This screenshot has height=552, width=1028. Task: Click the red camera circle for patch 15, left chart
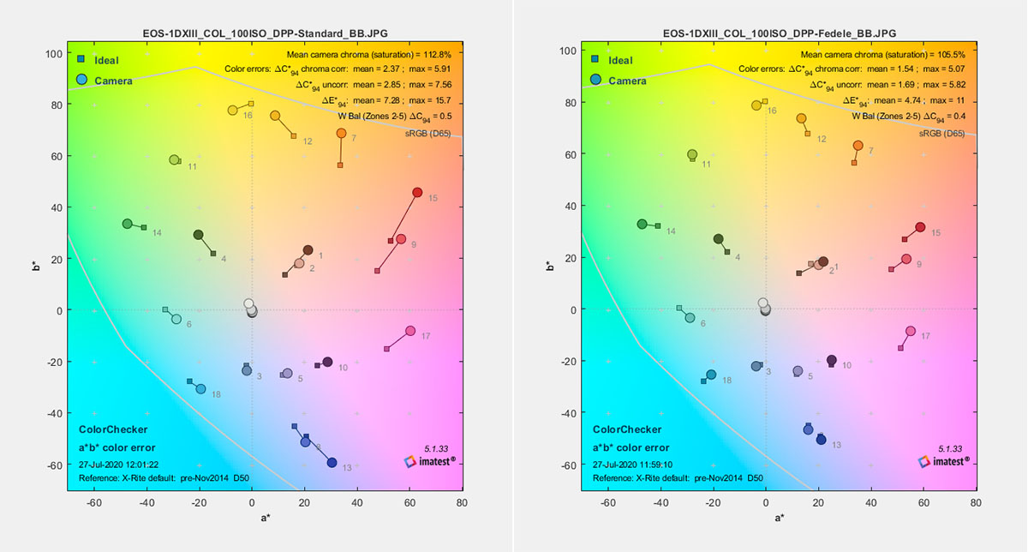pyautogui.click(x=417, y=193)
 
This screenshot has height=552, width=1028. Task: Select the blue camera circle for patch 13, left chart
pyautogui.click(x=332, y=463)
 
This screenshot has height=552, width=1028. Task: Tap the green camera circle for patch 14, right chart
pyautogui.click(x=642, y=224)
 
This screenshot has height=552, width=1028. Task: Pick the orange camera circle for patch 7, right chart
pyautogui.click(x=858, y=146)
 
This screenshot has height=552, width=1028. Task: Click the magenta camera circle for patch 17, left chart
pyautogui.click(x=410, y=331)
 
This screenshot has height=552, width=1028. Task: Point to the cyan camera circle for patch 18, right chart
pyautogui.click(x=711, y=375)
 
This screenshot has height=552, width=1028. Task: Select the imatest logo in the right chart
pyautogui.click(x=947, y=461)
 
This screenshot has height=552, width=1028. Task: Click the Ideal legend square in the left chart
pyautogui.click(x=81, y=59)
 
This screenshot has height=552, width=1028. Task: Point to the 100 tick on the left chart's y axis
pyautogui.click(x=51, y=53)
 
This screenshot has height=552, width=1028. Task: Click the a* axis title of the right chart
pyautogui.click(x=778, y=518)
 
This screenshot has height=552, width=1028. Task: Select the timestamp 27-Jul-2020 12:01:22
pyautogui.click(x=119, y=464)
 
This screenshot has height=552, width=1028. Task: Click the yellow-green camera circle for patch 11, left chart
pyautogui.click(x=174, y=160)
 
